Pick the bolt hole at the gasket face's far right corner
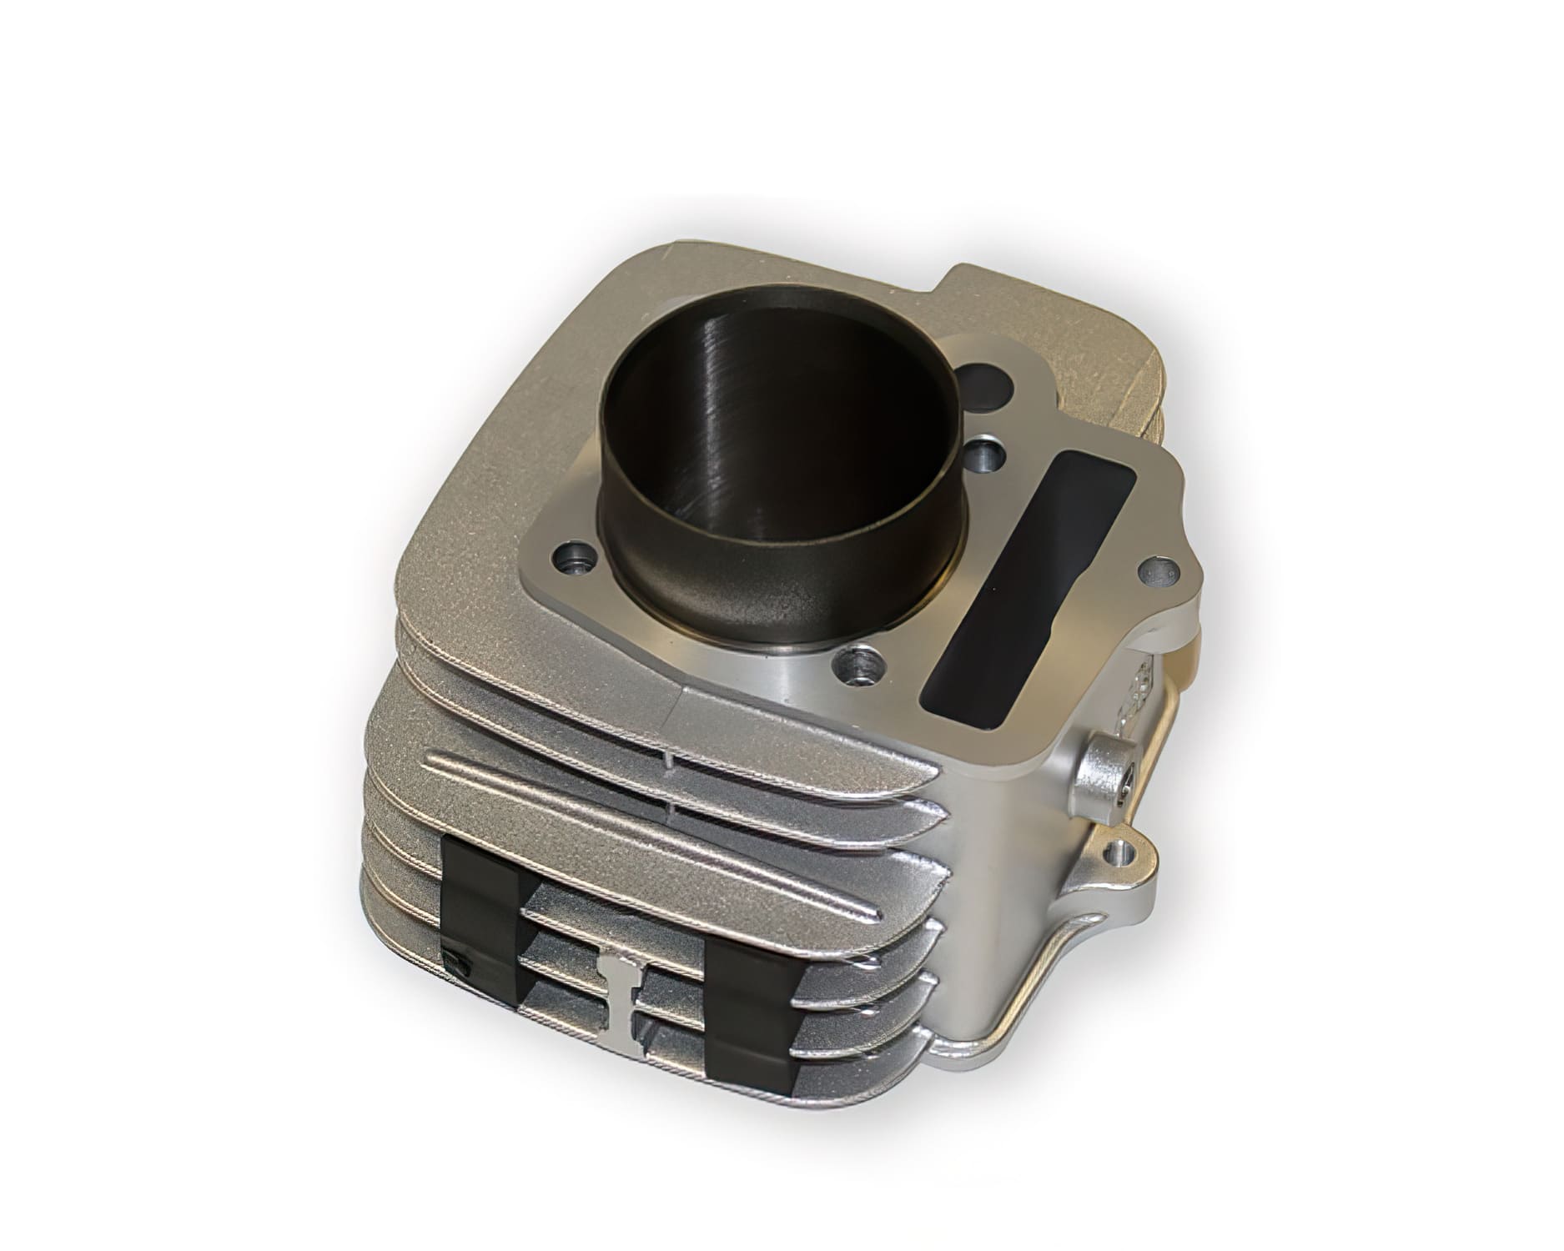[x=1155, y=570]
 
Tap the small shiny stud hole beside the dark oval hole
[x=988, y=455]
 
